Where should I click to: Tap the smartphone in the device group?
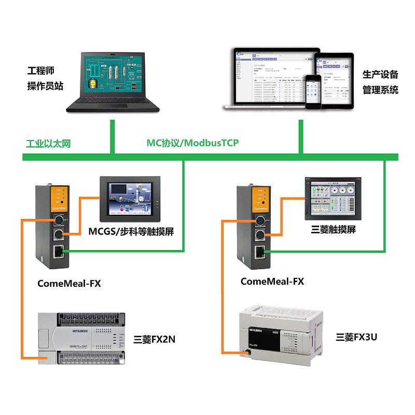click(313, 92)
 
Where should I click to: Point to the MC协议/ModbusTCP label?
click(192, 143)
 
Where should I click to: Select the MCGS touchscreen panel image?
click(130, 199)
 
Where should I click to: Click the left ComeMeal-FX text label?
click(69, 283)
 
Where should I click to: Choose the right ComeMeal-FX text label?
click(272, 282)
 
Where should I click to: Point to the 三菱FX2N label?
click(154, 340)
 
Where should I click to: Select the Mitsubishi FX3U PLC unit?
click(280, 331)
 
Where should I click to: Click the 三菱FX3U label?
click(356, 337)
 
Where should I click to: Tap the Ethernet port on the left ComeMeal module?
click(58, 253)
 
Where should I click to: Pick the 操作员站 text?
click(45, 86)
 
